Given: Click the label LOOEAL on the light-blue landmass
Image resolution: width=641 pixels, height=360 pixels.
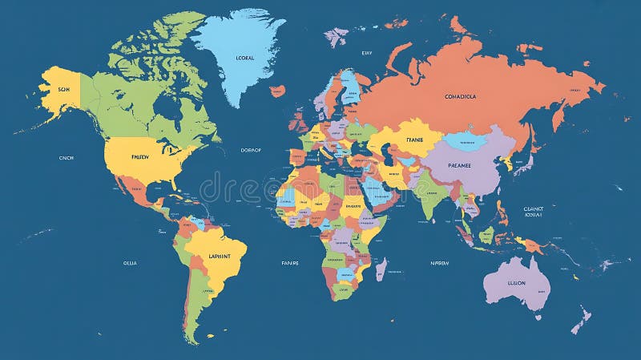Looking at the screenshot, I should [244, 58].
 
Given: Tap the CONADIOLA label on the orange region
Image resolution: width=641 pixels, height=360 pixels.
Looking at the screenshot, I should [460, 96].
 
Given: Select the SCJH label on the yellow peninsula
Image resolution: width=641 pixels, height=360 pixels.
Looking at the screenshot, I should [64, 90].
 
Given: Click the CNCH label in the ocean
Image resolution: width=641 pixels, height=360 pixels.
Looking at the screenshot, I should [66, 158].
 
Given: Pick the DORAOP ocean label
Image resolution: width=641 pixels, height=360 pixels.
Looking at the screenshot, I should [251, 150].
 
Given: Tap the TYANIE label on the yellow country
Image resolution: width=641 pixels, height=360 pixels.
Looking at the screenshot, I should [414, 139].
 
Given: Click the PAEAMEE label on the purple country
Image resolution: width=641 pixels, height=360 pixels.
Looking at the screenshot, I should [460, 166].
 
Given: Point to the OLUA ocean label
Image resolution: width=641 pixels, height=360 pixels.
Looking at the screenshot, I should [130, 262].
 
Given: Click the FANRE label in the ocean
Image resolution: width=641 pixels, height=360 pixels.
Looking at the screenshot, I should [289, 262].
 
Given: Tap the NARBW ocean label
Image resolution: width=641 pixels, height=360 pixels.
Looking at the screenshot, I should [439, 262].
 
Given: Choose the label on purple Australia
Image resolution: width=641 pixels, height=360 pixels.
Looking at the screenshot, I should [517, 282].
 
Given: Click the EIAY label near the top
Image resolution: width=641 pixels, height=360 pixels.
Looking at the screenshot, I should [367, 53].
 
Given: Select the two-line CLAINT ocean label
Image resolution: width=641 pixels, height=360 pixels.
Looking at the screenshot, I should [533, 211].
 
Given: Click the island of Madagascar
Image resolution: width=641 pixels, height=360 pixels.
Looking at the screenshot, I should [381, 268].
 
